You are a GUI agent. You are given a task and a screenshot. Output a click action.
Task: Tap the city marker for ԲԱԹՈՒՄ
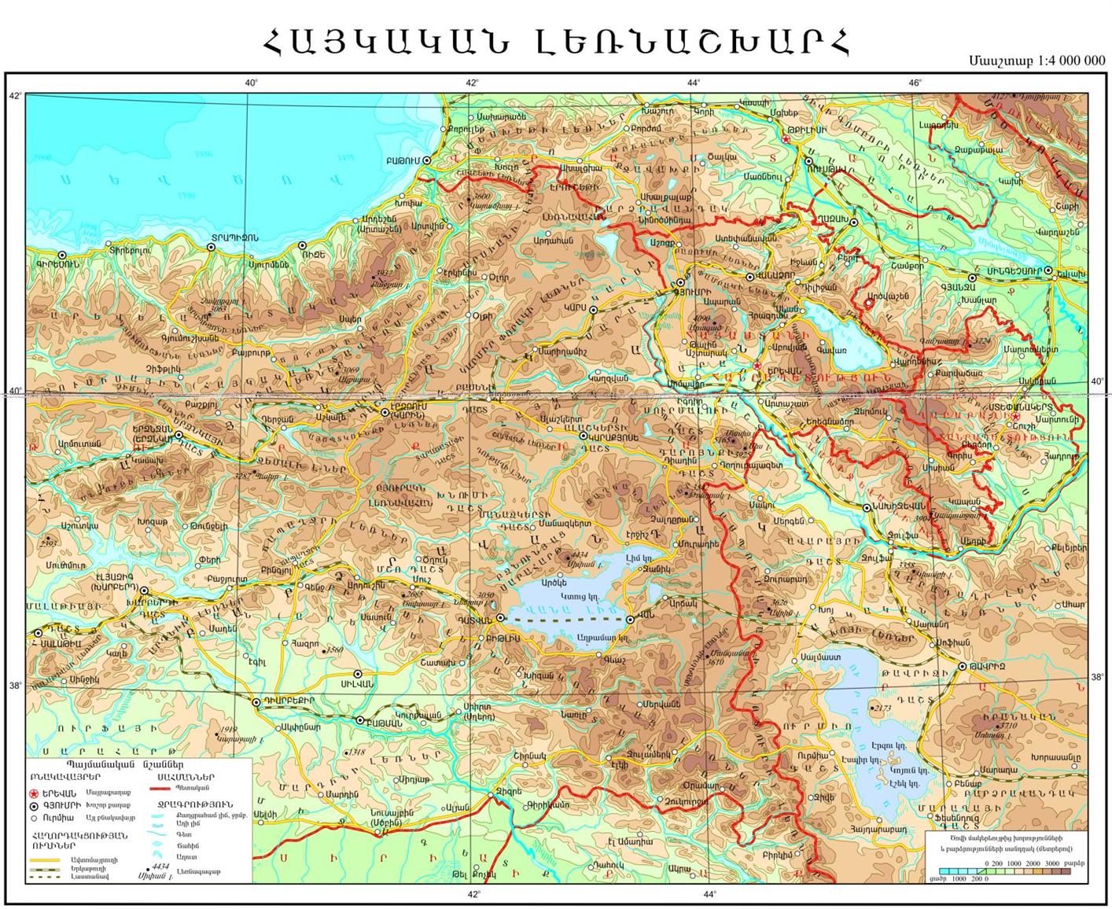pos(428,160)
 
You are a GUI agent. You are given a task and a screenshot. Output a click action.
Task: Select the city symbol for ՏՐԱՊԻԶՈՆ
pos(211,247)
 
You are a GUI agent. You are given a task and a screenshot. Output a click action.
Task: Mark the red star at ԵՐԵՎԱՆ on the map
pos(756,366)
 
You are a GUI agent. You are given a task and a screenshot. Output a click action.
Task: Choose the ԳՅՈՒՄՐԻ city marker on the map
pos(681,282)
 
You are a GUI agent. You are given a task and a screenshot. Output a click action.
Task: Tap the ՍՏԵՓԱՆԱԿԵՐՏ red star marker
pos(1015,416)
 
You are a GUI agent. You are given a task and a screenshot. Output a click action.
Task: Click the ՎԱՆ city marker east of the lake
pos(631,620)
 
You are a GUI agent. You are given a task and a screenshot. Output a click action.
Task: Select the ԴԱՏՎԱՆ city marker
pos(499,618)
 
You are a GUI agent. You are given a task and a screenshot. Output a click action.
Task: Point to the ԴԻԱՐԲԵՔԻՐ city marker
pos(256,701)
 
